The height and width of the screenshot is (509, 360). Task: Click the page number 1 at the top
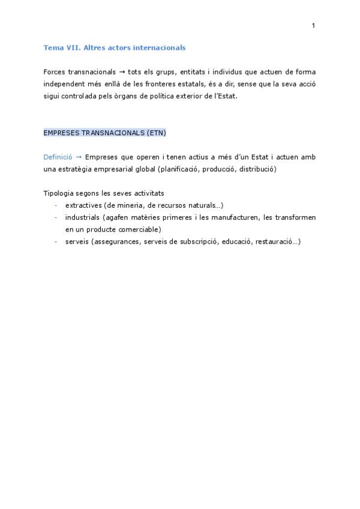(x=313, y=25)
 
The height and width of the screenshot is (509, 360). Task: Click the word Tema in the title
(x=53, y=47)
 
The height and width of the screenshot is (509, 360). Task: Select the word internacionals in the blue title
(x=160, y=47)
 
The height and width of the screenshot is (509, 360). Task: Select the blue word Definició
(x=58, y=157)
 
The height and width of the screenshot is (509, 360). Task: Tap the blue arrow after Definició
(x=79, y=157)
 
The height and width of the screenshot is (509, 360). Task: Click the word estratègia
(x=79, y=169)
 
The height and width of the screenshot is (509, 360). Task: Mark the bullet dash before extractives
(x=55, y=205)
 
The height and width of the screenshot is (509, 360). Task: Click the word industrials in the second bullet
(x=83, y=217)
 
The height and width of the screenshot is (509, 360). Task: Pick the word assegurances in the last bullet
(x=109, y=241)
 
